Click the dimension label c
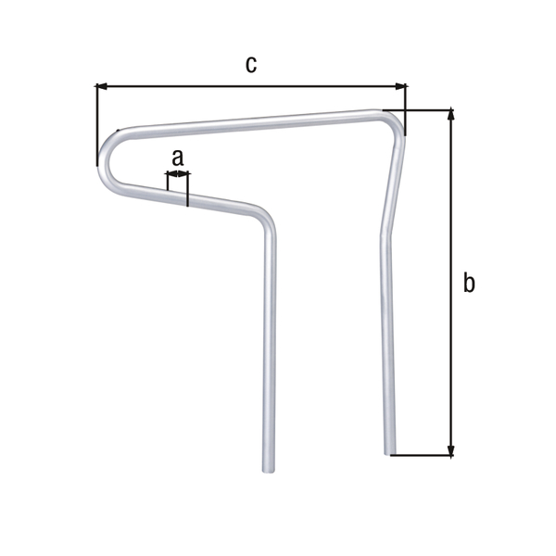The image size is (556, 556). [250, 64]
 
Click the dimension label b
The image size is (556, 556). [469, 283]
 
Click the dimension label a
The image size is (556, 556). [178, 157]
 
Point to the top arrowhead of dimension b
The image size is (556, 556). [451, 115]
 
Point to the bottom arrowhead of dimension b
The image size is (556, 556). [451, 450]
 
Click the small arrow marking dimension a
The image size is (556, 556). [177, 174]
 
